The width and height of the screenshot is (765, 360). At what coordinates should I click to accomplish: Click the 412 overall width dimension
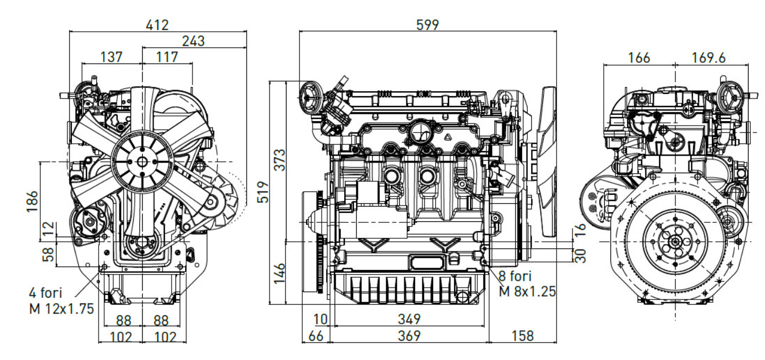click(157, 25)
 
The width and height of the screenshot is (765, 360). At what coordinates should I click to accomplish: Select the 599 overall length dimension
click(427, 25)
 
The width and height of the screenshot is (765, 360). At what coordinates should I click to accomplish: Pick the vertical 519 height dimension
click(262, 191)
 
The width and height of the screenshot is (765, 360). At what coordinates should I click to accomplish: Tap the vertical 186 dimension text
click(33, 201)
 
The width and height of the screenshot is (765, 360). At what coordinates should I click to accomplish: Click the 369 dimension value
click(409, 336)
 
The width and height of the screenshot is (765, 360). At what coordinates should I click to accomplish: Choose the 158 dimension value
click(522, 336)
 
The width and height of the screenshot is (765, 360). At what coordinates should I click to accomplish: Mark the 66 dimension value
click(315, 336)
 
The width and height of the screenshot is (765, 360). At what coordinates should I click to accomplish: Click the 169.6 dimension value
click(708, 57)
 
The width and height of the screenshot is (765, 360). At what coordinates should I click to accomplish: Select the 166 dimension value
click(639, 57)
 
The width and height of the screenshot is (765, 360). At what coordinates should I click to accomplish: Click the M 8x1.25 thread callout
click(527, 292)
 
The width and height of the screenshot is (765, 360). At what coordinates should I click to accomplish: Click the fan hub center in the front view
click(142, 161)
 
